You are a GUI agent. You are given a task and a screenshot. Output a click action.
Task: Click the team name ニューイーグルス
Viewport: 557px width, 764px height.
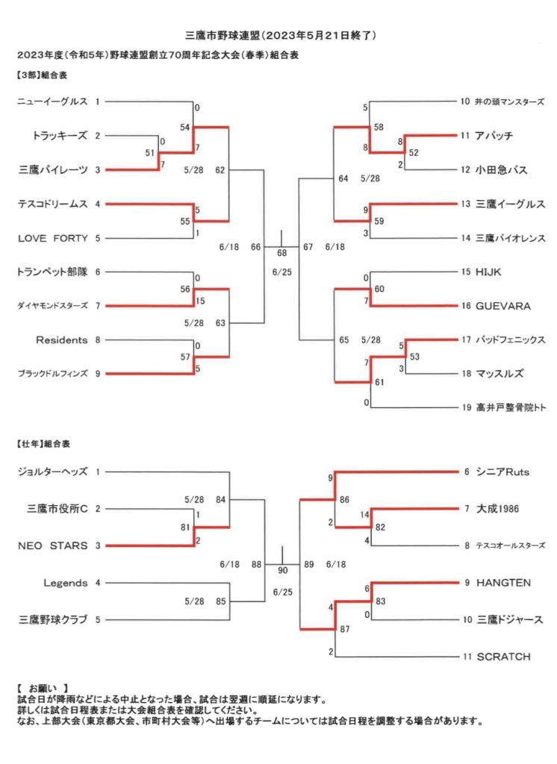53,101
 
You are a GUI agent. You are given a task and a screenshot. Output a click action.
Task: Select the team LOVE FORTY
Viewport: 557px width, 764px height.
53,238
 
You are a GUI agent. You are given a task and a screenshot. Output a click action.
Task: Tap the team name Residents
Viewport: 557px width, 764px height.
61,339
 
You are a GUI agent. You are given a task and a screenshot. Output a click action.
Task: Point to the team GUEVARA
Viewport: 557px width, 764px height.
502,306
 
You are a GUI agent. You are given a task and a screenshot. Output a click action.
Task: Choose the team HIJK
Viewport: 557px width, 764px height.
488,272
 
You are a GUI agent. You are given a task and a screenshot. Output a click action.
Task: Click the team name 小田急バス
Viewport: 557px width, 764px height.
502,170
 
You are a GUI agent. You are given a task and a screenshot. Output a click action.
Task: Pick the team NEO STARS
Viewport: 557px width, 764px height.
53,545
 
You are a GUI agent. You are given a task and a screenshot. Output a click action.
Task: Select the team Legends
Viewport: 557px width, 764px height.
66,583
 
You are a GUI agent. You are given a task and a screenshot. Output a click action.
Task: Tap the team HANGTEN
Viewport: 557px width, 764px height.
503,583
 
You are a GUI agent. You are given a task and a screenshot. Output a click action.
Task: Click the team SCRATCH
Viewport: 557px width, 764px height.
503,657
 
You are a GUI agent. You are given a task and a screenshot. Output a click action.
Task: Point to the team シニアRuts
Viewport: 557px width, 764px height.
502,472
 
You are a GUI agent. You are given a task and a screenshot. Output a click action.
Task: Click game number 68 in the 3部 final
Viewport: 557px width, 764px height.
282,253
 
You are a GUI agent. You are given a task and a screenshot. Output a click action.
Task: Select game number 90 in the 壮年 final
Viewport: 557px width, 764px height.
283,571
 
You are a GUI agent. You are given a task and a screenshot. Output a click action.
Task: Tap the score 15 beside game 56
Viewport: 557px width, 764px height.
200,301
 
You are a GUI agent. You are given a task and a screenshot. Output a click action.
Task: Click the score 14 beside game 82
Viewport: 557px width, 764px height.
365,515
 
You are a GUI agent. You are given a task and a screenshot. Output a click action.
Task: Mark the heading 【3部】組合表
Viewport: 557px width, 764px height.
42,75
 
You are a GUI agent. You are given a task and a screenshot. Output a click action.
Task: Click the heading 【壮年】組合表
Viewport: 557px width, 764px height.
43,444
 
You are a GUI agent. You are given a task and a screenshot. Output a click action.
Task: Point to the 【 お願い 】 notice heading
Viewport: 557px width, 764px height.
42,689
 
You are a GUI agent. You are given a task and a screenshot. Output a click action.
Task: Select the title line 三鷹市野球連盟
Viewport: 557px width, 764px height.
223,35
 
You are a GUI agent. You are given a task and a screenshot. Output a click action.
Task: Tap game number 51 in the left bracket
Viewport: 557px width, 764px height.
150,153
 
